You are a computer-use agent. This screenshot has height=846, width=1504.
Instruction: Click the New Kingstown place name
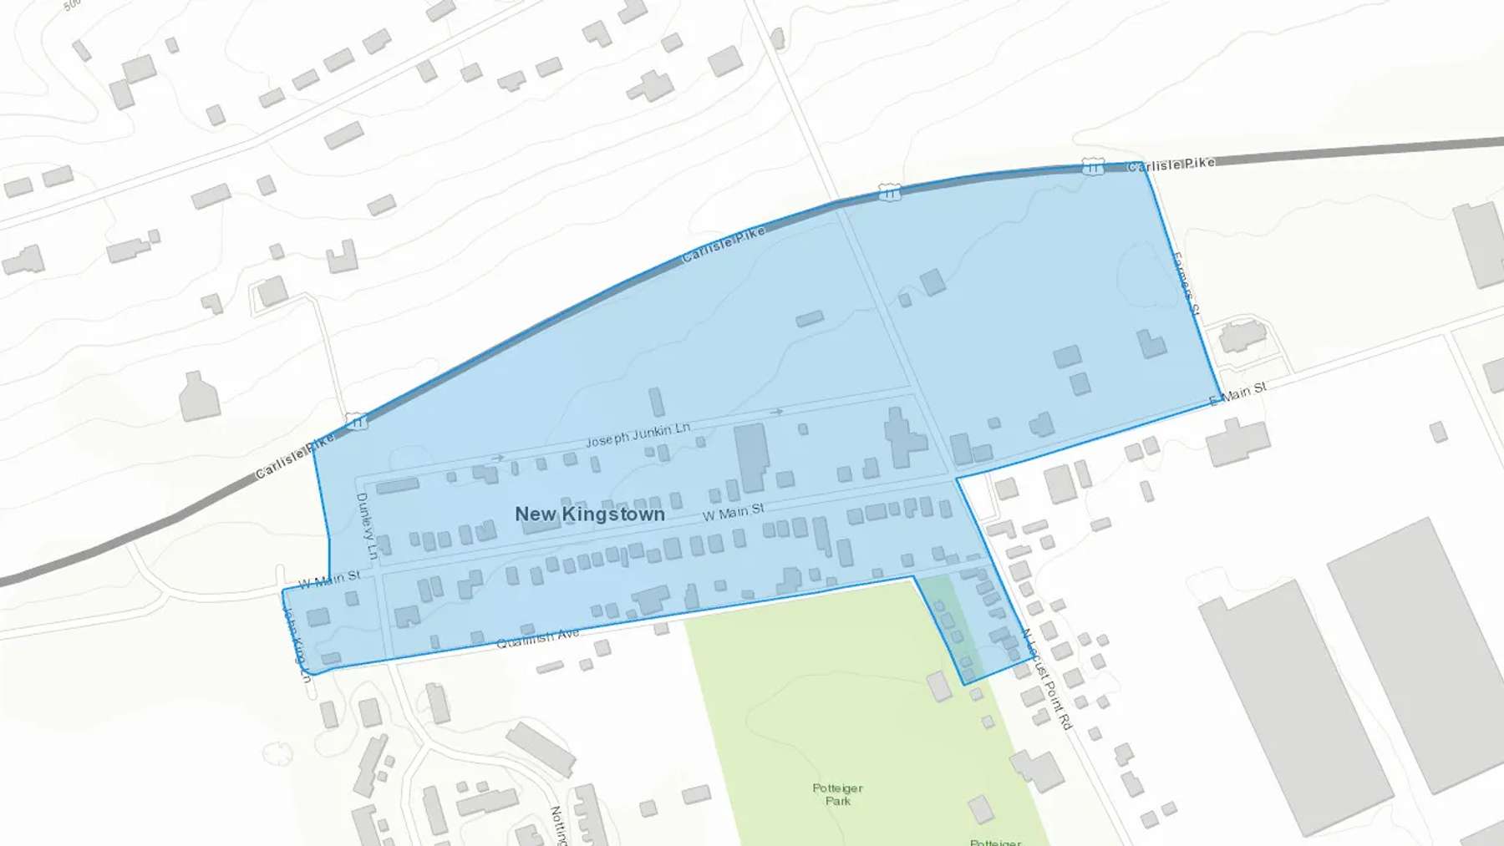pos(590,514)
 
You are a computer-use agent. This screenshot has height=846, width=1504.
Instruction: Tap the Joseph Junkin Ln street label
pos(638,434)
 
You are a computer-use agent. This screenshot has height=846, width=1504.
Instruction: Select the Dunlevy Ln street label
pos(366,526)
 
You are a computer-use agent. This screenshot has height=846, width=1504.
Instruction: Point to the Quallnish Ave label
pos(537,639)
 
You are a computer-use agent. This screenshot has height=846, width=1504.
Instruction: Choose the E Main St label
pos(1238,393)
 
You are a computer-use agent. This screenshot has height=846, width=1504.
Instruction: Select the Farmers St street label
pos(1186,284)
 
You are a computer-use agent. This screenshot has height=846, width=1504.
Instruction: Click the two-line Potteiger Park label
pos(837,794)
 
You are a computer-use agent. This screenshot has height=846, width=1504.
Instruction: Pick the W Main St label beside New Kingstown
pos(733,512)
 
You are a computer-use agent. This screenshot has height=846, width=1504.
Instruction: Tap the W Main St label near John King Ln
pos(329,579)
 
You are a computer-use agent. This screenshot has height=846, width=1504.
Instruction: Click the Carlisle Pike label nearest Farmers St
pos(1171,165)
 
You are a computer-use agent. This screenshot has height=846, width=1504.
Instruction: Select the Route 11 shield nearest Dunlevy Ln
pos(357,423)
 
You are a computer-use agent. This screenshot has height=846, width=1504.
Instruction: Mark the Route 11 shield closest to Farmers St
pos(1092,167)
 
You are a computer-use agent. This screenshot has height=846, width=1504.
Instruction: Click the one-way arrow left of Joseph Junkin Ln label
pos(498,458)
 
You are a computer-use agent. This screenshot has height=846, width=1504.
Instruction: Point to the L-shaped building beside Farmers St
pos(1151,343)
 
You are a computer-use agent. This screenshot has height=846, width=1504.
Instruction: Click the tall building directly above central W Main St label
pos(751,456)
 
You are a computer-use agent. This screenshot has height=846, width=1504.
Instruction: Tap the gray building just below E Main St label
pos(1237,441)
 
